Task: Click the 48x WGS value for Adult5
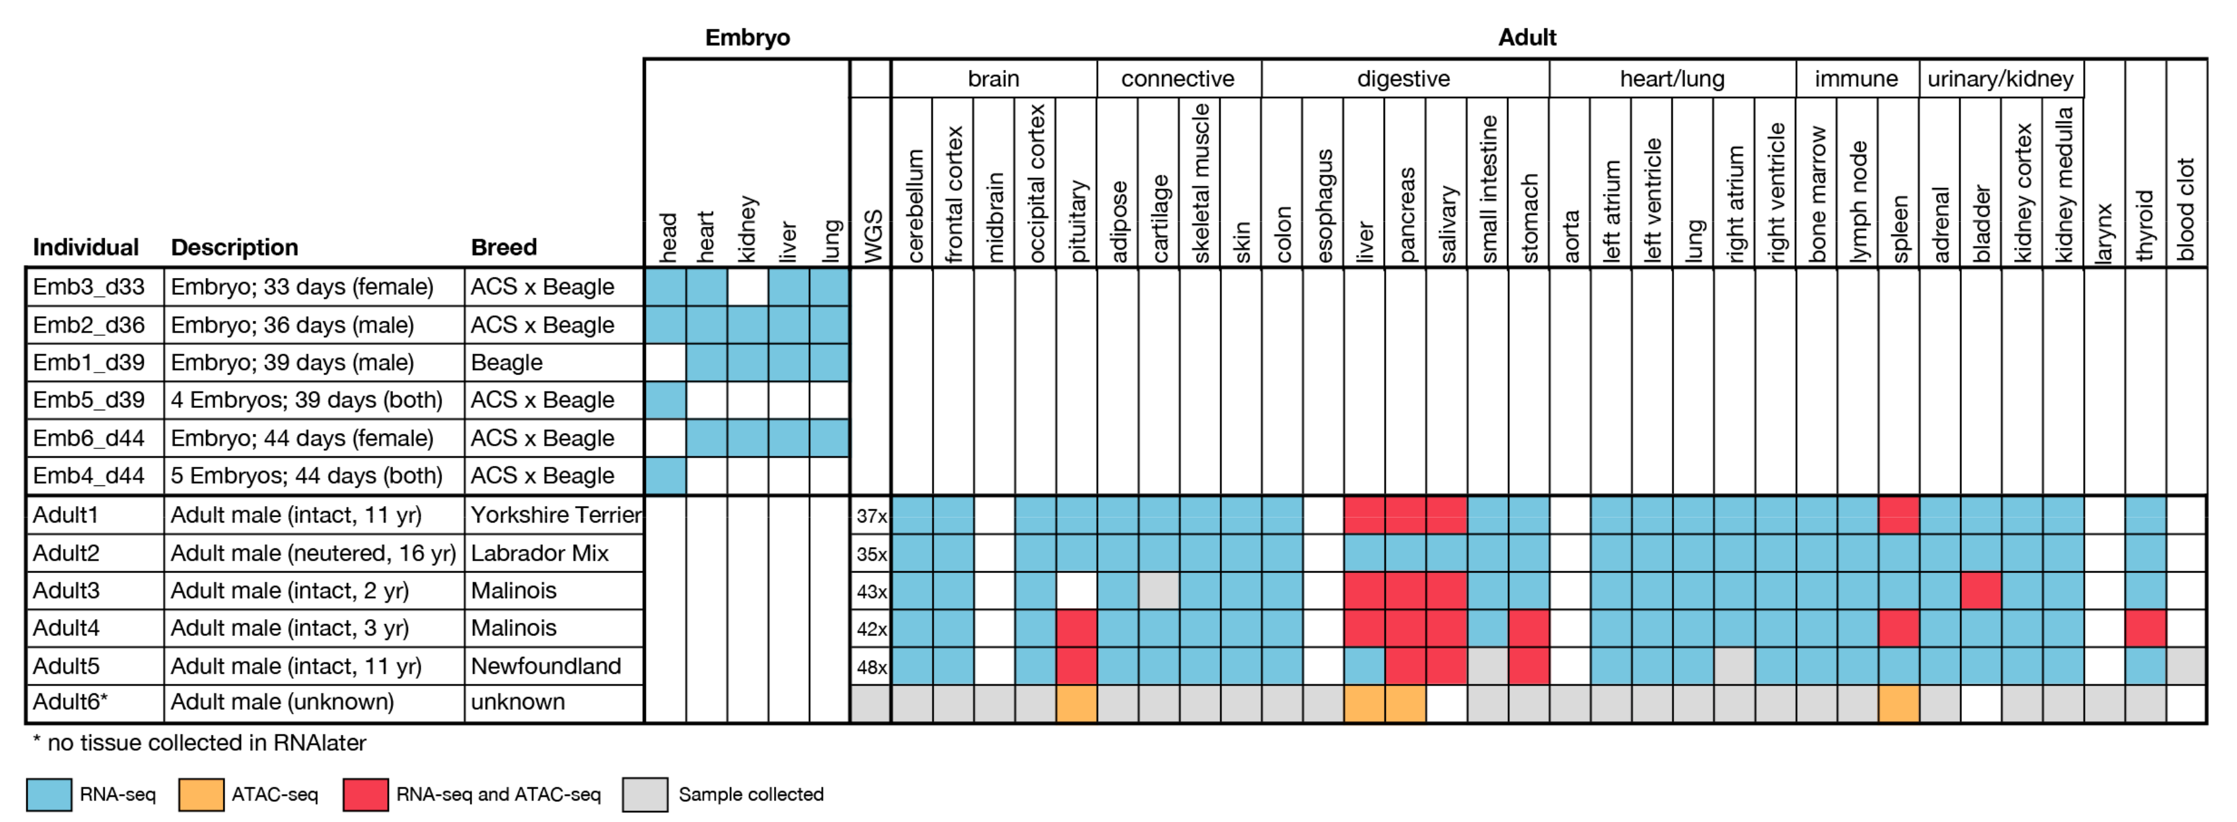[x=871, y=666]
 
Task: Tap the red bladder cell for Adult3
[x=1981, y=591]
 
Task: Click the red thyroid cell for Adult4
[x=2145, y=628]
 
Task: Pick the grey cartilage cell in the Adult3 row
[x=1158, y=591]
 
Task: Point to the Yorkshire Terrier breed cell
[x=555, y=515]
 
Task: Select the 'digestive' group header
[x=1403, y=79]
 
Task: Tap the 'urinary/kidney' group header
[x=2000, y=79]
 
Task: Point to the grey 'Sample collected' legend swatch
[x=646, y=794]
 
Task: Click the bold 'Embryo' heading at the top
[x=747, y=37]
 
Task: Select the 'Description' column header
[x=234, y=248]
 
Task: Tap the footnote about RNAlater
[x=200, y=743]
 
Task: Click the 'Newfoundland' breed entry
[x=545, y=666]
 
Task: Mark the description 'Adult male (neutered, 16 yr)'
[x=312, y=553]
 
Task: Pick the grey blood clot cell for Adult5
[x=2186, y=666]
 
